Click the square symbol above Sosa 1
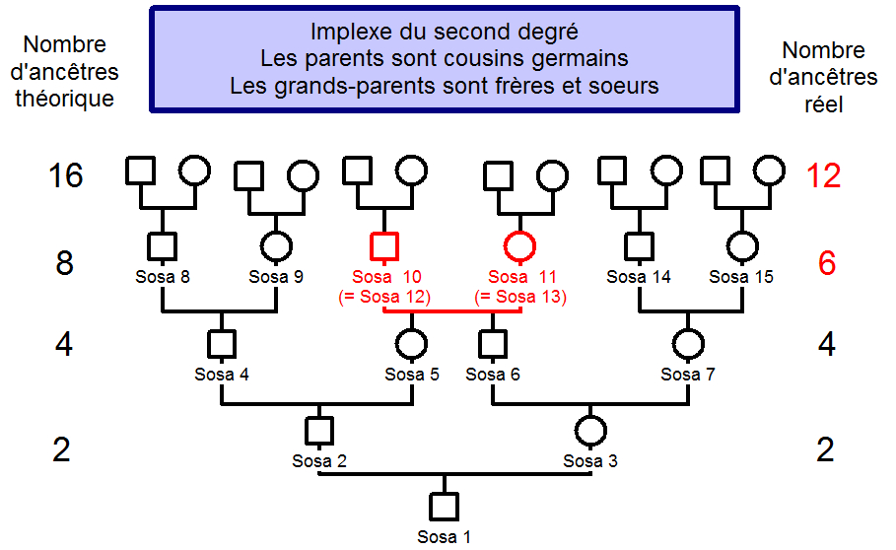coord(444,507)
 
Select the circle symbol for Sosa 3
coord(589,431)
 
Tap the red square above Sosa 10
coord(384,245)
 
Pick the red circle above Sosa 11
coord(520,245)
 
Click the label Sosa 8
coord(163,277)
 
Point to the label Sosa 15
coord(741,277)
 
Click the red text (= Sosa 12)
coord(384,296)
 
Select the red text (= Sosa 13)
coord(520,296)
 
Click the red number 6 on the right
coord(826,264)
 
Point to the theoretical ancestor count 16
coord(66,176)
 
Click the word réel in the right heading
coord(823,103)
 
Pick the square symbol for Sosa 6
coord(492,344)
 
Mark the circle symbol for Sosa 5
coord(411,344)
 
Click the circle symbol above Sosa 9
coord(275,245)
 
